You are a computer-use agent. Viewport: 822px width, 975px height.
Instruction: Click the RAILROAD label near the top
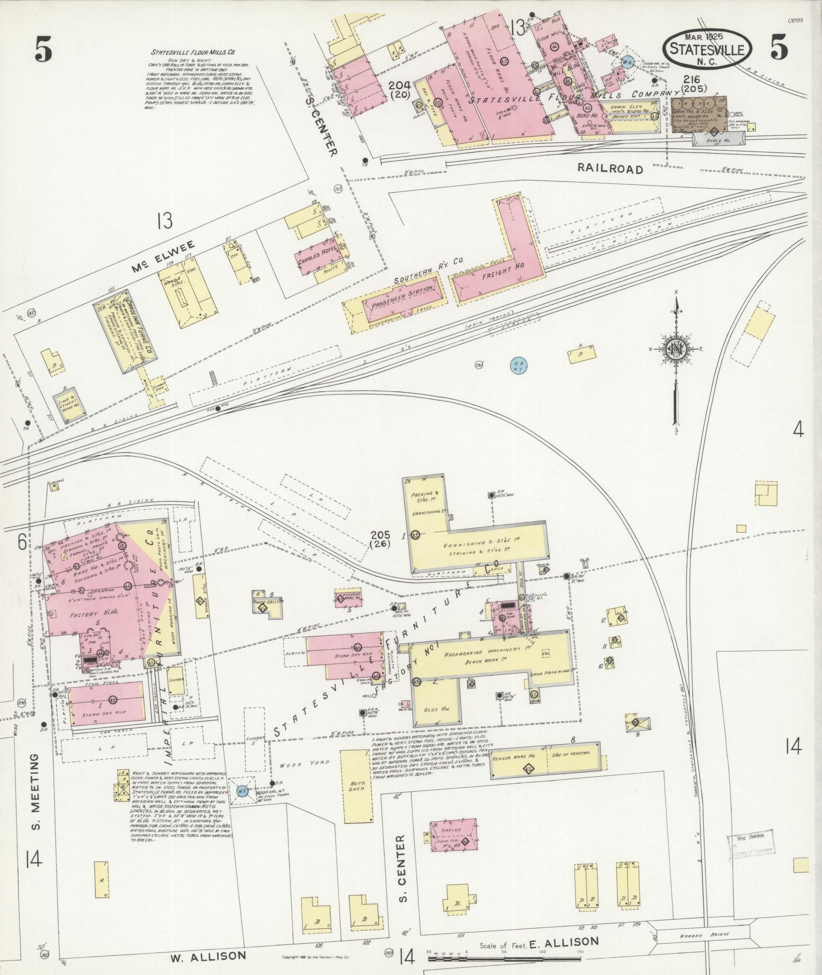click(x=610, y=169)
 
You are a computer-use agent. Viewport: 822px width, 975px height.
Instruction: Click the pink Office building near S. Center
click(x=454, y=834)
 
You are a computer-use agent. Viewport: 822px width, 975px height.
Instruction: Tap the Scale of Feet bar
click(x=505, y=959)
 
